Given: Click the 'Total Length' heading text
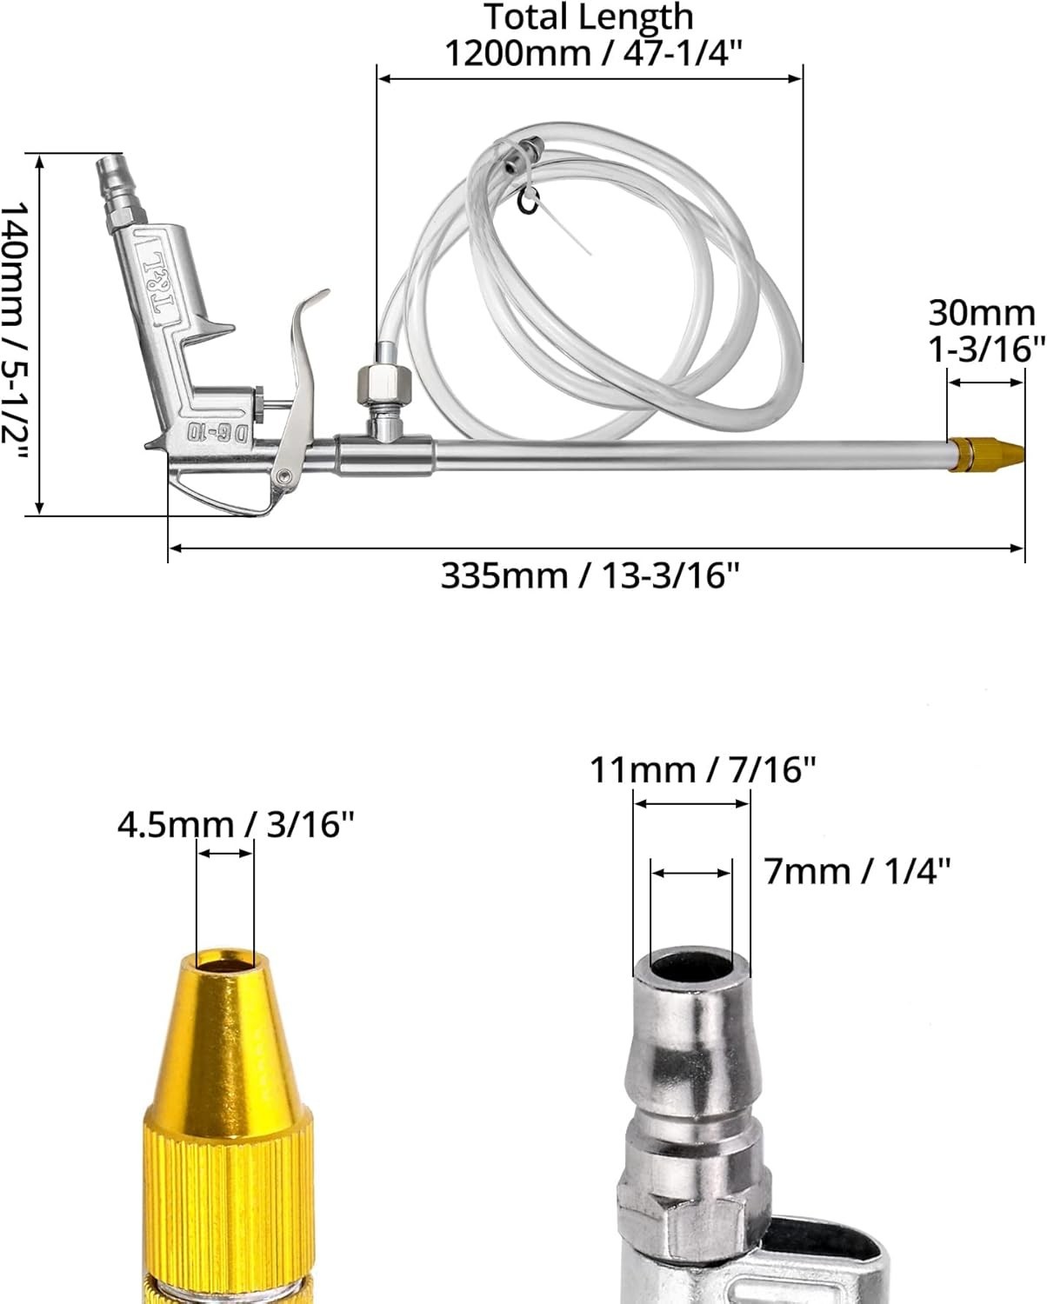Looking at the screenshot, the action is [x=589, y=17].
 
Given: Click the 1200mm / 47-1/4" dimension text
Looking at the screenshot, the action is [x=594, y=53].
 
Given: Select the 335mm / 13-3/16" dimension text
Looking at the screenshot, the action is [x=590, y=575].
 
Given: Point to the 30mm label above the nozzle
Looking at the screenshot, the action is [x=982, y=313].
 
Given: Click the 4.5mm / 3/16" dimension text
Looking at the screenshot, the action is [x=235, y=824].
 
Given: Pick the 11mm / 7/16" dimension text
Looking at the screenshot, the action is [x=703, y=769].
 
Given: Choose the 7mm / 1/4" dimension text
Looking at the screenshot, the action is [x=857, y=871].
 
